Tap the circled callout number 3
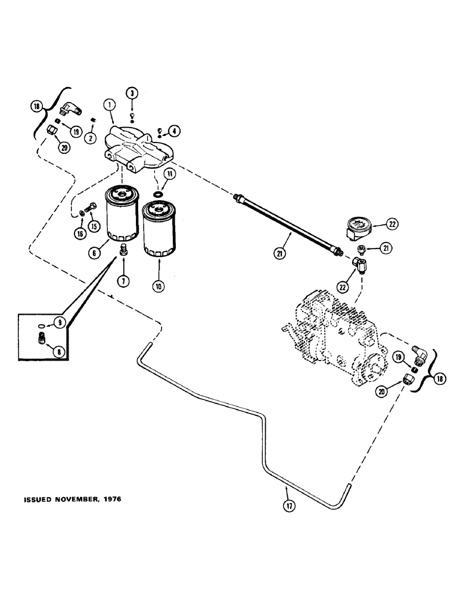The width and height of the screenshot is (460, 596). [x=132, y=92]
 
